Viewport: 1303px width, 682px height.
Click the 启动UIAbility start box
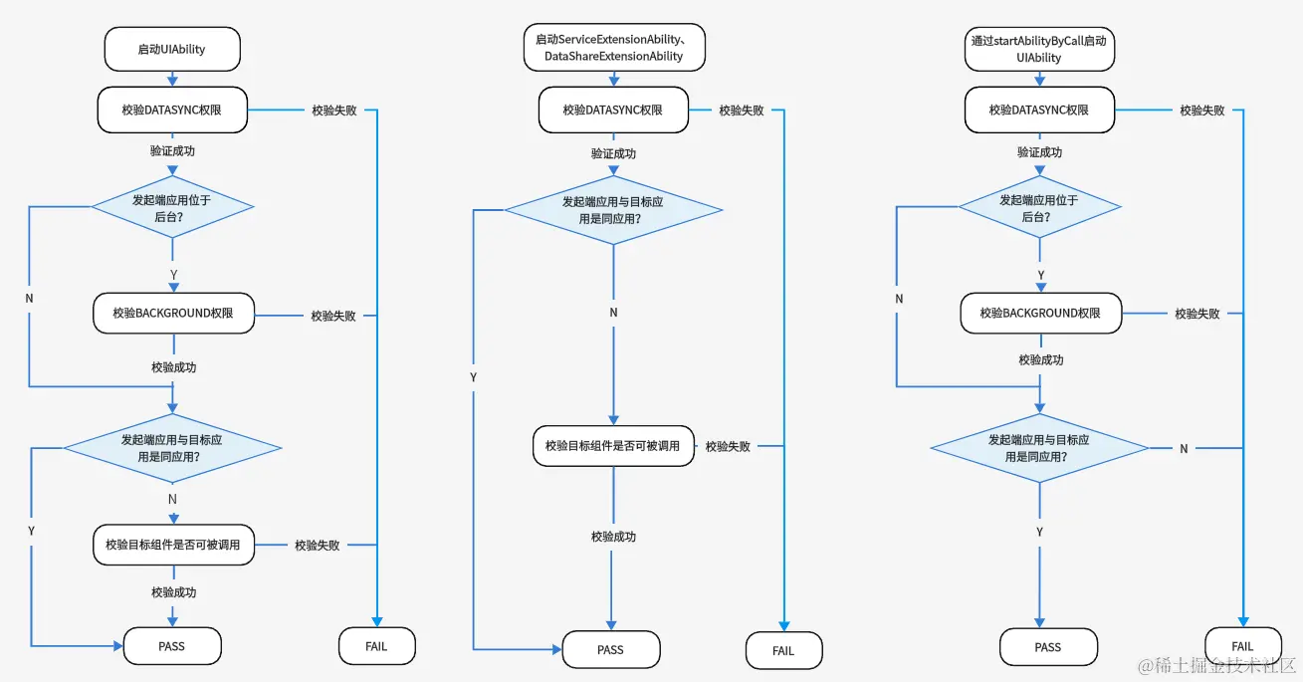[172, 49]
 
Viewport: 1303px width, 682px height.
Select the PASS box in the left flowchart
[171, 646]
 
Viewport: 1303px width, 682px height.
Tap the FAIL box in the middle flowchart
[783, 650]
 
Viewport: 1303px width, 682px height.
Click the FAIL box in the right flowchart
[1242, 646]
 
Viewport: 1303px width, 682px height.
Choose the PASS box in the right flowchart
[1047, 647]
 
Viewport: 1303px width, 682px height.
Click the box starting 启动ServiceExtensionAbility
[613, 48]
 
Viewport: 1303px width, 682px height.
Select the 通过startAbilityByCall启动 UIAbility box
[1038, 49]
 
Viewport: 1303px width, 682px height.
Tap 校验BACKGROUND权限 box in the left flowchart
[172, 313]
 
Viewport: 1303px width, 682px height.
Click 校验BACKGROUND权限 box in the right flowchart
[1039, 313]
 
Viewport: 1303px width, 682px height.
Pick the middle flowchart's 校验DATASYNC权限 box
[612, 110]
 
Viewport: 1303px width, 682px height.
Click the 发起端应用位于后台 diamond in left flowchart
[172, 207]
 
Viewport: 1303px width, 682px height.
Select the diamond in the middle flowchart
[612, 209]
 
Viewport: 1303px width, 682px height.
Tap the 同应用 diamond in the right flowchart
[1039, 448]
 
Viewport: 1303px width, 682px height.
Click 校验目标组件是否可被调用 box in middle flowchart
[612, 445]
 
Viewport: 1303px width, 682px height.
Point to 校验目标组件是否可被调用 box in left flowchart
[173, 545]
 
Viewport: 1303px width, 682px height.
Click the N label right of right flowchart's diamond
[1184, 449]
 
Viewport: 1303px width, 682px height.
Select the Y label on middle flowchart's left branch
[473, 377]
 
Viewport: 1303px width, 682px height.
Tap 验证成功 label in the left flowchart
[172, 151]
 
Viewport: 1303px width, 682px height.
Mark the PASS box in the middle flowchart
[610, 649]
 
